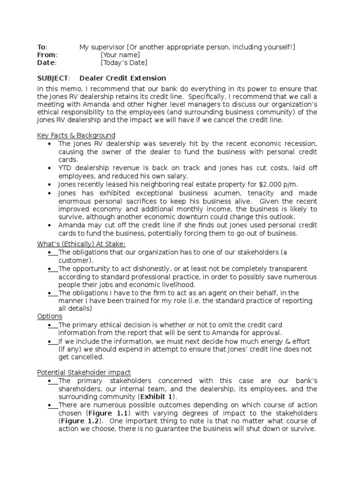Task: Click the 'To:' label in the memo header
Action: pyautogui.click(x=42, y=47)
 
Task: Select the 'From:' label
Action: pyautogui.click(x=46, y=55)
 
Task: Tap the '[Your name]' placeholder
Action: pyautogui.click(x=120, y=55)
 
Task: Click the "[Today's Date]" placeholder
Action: pyautogui.click(x=124, y=62)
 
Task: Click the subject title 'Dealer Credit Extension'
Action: pyautogui.click(x=122, y=78)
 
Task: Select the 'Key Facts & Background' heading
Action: pyautogui.click(x=76, y=135)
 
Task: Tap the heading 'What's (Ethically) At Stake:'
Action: pyautogui.click(x=82, y=244)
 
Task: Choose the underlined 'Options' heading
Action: pyautogui.click(x=50, y=316)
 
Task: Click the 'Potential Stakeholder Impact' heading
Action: pyautogui.click(x=84, y=372)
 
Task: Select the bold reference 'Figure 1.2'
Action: pyautogui.click(x=78, y=421)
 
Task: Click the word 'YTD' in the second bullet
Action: pyautogui.click(x=66, y=168)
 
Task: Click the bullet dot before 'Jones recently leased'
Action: pyautogui.click(x=50, y=185)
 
